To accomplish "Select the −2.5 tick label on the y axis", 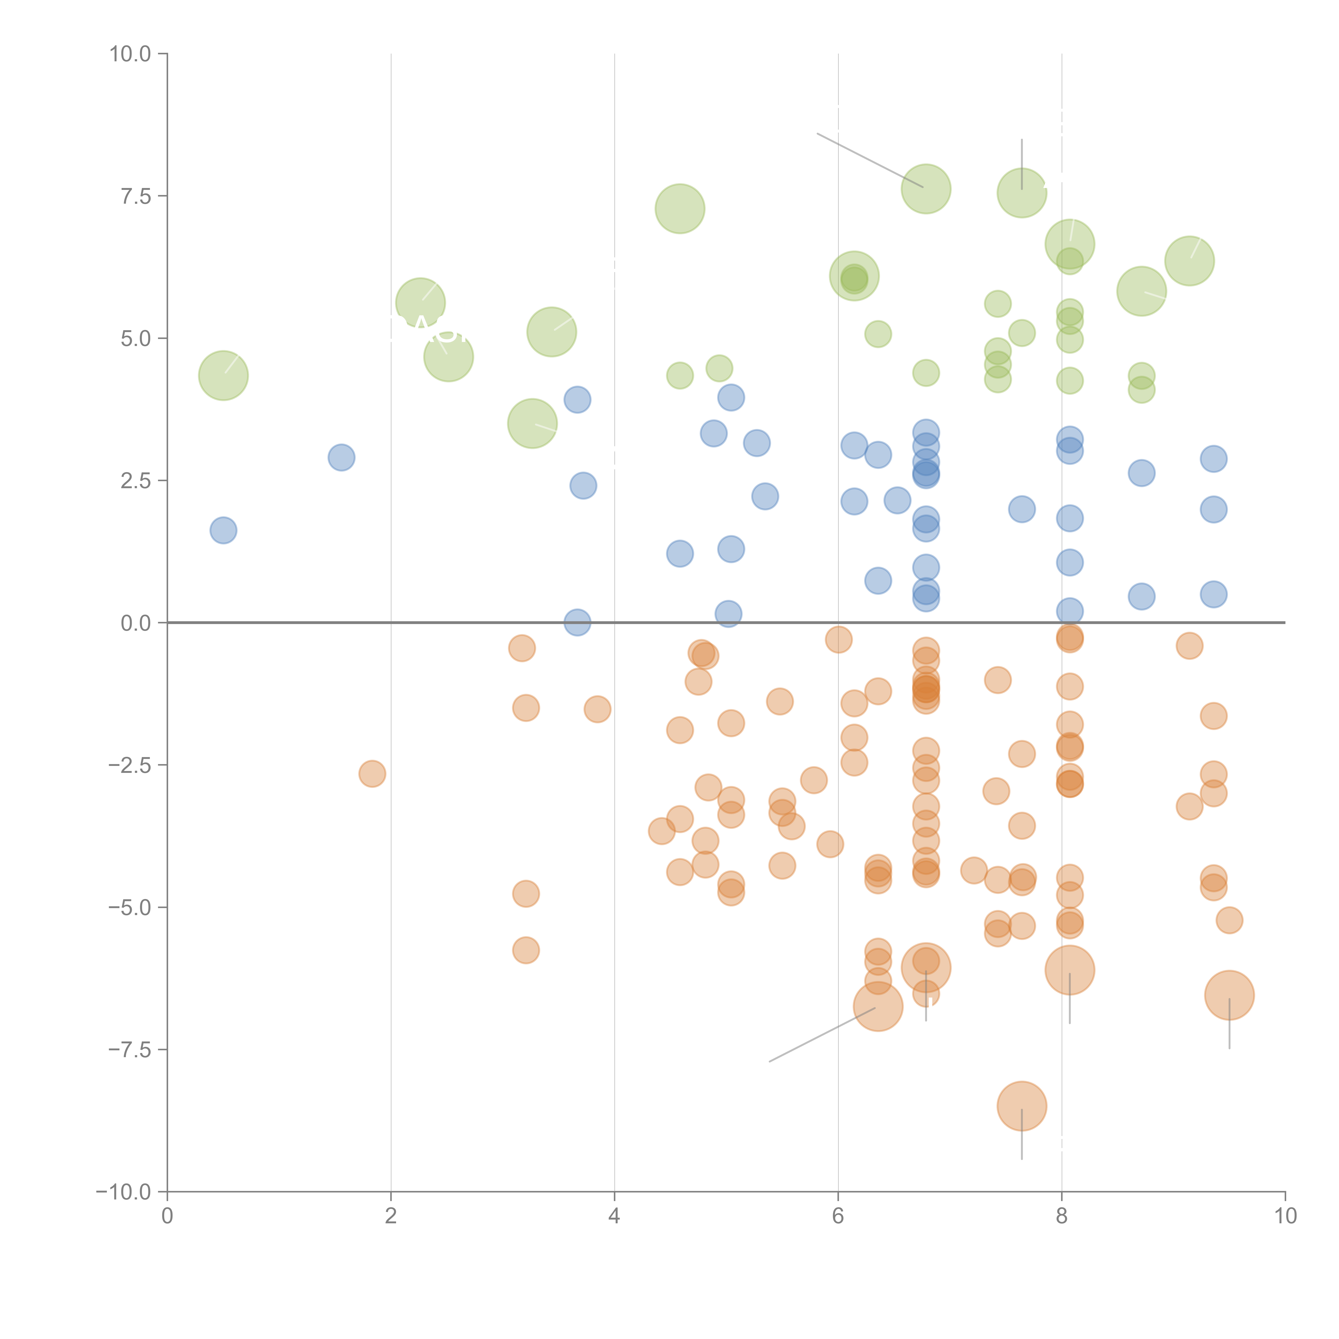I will [x=130, y=765].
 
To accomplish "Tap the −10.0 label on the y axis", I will [x=123, y=1192].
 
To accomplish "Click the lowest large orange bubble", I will [x=1022, y=1106].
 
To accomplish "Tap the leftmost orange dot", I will [x=372, y=773].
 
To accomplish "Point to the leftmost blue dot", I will [x=223, y=530].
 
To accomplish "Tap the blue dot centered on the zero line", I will [x=577, y=622].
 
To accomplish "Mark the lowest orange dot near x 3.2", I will [x=526, y=950].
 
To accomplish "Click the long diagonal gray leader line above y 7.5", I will [x=870, y=159].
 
